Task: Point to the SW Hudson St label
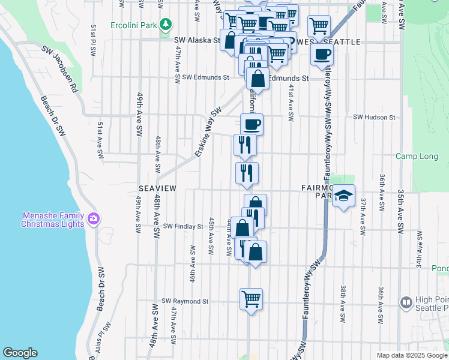375,118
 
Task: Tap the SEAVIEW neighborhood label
157,188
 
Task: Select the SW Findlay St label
183,227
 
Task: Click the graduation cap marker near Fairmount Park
343,196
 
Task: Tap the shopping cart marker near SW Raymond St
252,298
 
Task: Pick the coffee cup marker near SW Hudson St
252,124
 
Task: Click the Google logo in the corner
20,353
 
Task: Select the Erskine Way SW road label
208,133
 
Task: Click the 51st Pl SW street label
94,40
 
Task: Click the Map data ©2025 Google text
412,355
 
